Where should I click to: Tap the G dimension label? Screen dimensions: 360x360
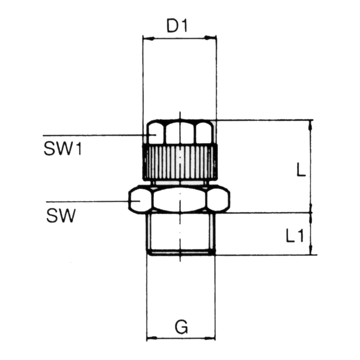click(x=182, y=326)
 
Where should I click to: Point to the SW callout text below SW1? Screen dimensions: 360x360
click(x=61, y=216)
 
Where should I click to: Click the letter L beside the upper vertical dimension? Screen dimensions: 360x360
click(x=301, y=170)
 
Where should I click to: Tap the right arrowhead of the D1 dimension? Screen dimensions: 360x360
click(x=210, y=38)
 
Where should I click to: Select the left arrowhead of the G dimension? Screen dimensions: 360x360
click(x=152, y=338)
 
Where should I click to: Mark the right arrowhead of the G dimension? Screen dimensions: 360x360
click(x=210, y=338)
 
